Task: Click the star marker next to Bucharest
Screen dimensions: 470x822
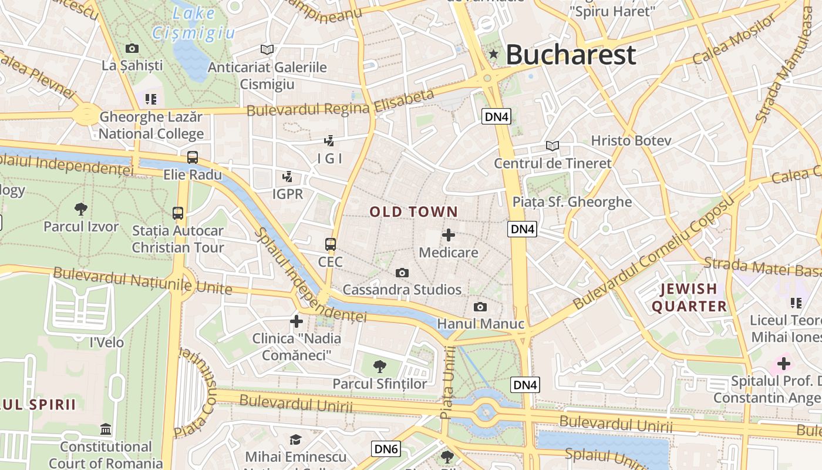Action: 494,55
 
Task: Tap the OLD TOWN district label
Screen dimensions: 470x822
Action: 413,212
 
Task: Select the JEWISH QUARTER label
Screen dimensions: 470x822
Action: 689,297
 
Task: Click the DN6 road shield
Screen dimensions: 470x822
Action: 386,449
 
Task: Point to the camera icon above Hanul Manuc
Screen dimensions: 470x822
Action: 480,307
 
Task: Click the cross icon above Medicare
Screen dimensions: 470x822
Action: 449,236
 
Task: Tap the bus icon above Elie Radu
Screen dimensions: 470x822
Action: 193,157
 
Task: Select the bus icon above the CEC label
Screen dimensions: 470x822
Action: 331,244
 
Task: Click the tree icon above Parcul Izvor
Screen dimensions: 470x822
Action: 81,209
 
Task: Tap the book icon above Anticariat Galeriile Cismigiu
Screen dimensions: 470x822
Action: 267,49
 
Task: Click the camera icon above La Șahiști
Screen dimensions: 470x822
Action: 132,48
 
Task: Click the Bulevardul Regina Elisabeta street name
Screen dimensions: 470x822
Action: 341,103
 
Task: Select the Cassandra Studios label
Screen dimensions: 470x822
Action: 402,290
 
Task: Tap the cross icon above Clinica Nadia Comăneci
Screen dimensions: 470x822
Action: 297,321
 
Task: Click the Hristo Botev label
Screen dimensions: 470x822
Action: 631,141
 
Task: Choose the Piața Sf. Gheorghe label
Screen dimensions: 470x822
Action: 572,202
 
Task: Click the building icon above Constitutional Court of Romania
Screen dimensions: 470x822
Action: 106,429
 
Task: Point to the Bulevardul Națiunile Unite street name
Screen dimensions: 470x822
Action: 143,280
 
